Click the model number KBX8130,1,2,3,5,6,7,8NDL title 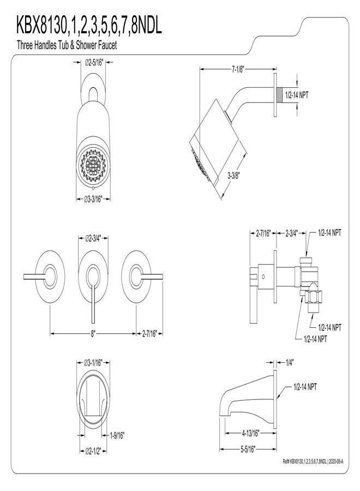(x=89, y=26)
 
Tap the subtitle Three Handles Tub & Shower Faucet (x=67, y=45)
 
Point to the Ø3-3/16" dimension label (x=93, y=199)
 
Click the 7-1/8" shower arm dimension (x=238, y=69)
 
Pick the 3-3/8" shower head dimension (x=233, y=176)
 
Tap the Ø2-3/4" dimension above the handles (x=93, y=238)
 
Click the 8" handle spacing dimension (x=93, y=334)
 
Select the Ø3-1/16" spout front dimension (x=93, y=363)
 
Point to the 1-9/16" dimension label (x=117, y=435)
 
